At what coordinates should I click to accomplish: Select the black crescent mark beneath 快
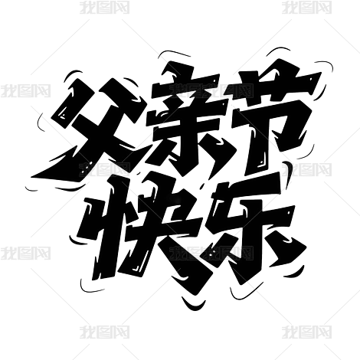(x=193, y=305)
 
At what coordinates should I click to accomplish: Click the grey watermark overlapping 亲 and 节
(x=212, y=90)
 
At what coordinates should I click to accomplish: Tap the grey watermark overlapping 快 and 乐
(x=212, y=253)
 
